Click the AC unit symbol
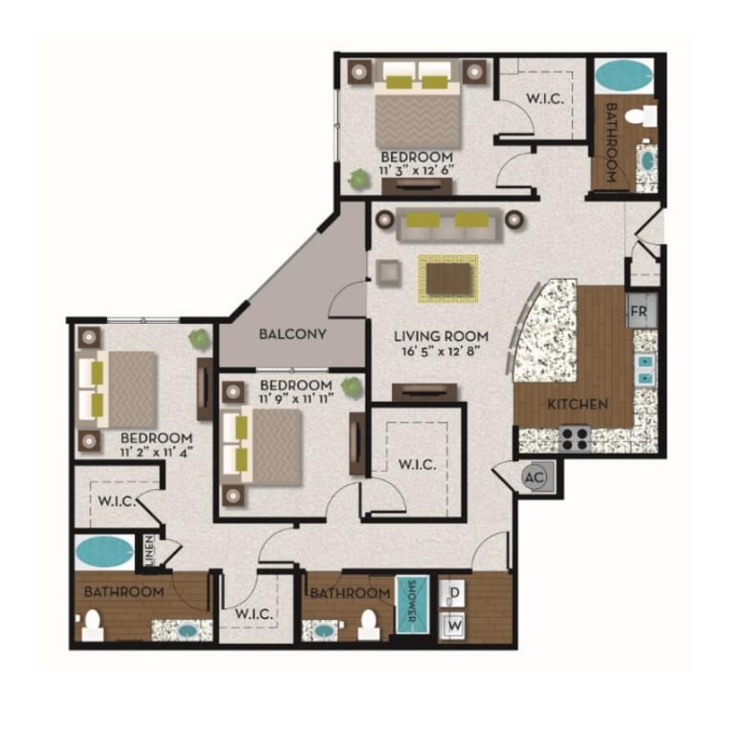coord(535,477)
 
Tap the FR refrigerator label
coord(639,312)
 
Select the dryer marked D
coord(454,593)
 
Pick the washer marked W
coord(454,626)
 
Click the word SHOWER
coord(411,601)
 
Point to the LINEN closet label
coord(149,551)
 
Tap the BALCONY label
coord(293,334)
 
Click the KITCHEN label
coord(577,404)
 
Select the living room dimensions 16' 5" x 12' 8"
coord(441,351)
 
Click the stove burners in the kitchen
coord(575,438)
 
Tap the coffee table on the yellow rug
coord(448,278)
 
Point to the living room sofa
coord(449,224)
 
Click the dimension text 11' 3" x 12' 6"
coord(416,170)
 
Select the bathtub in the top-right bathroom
coord(623,75)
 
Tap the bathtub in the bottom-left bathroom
coord(104,553)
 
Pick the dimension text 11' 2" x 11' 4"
coord(156,453)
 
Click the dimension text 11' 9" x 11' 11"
coord(296,398)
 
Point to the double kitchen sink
coord(645,370)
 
